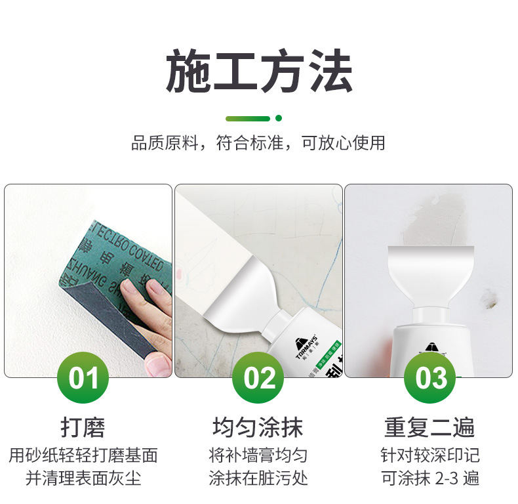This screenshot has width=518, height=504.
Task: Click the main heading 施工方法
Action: click(x=259, y=71)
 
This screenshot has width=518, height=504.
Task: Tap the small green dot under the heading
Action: click(x=279, y=119)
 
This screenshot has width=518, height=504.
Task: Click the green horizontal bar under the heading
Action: click(x=247, y=119)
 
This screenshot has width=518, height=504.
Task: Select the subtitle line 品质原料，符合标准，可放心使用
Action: click(x=259, y=143)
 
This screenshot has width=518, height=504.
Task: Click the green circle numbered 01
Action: click(x=84, y=379)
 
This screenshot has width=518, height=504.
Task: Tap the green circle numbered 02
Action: click(x=259, y=379)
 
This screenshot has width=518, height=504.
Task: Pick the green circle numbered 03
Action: click(x=431, y=379)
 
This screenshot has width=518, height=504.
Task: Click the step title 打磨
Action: click(x=83, y=428)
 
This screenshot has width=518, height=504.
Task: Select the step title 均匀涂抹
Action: click(x=258, y=428)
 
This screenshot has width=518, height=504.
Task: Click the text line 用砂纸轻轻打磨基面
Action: click(x=83, y=455)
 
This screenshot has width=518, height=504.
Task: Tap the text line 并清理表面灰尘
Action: click(x=83, y=478)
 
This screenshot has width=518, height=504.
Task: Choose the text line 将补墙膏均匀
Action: click(x=258, y=455)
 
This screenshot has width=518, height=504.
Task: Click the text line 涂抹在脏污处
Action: click(x=258, y=478)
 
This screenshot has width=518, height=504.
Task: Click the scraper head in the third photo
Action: click(x=430, y=276)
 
